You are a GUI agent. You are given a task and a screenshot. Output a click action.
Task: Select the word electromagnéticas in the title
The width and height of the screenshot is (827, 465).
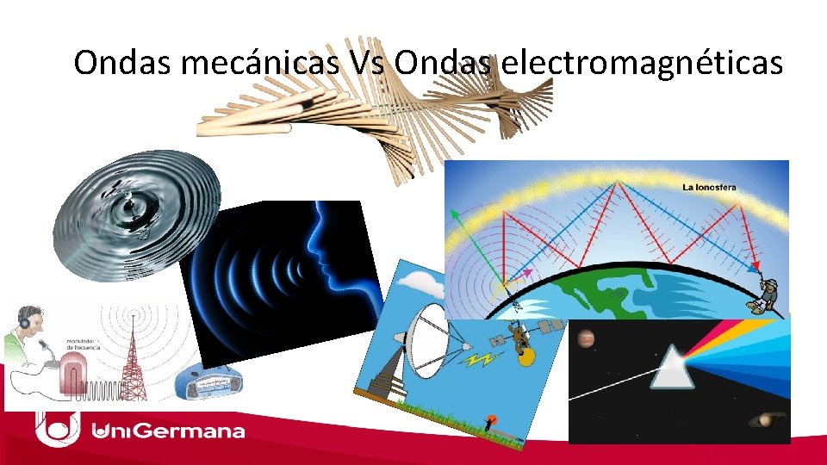point(640,63)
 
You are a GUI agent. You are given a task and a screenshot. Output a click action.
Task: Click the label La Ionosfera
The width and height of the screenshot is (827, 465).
point(709,186)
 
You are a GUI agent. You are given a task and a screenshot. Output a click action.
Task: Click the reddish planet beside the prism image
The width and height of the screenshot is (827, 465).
point(588,340)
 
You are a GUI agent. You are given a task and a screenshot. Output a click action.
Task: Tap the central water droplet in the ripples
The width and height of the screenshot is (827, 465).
point(134,205)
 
